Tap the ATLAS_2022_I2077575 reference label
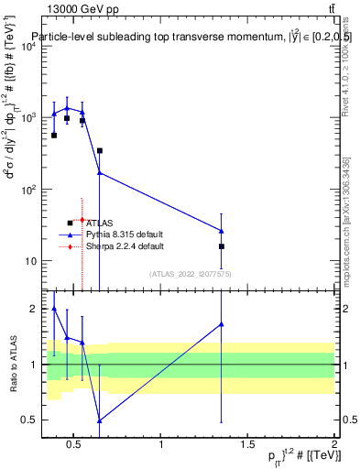click(190, 274)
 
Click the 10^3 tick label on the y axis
click(28, 118)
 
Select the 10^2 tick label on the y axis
click(28, 190)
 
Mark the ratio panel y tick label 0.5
click(28, 420)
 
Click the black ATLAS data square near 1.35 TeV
click(222, 246)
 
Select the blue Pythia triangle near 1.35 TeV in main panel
click(222, 231)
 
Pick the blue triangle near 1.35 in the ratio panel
click(222, 324)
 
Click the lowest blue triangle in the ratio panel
click(100, 420)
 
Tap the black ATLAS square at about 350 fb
click(100, 150)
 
